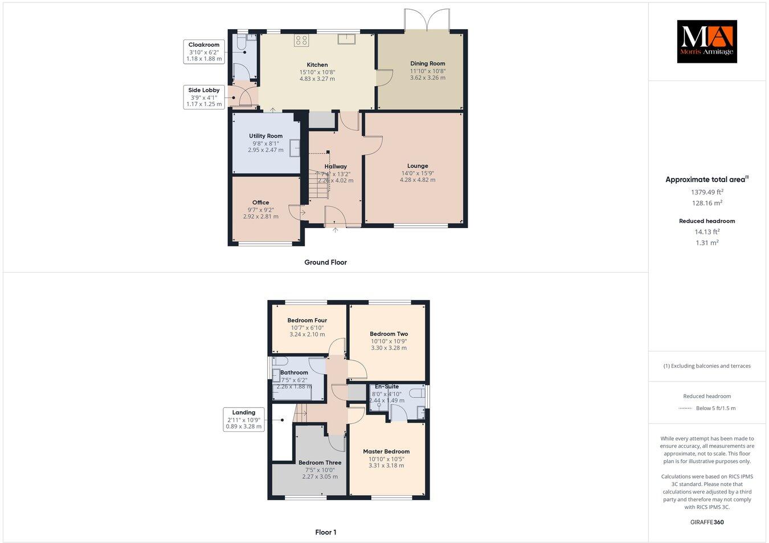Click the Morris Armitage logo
coord(706,42)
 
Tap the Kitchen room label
coord(317,65)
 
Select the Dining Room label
coord(428,64)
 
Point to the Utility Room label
coord(265,136)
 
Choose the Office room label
coord(261,202)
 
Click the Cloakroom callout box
coord(204,51)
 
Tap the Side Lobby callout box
coord(204,97)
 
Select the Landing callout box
coord(244,419)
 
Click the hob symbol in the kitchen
coord(301,40)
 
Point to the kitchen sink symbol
coord(346,39)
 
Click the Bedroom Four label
coord(307,321)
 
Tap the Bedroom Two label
coord(389,334)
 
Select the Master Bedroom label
coord(386,451)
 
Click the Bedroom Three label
coord(320,463)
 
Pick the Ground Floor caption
coord(325,262)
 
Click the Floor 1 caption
coord(326,532)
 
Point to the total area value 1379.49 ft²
coord(707,192)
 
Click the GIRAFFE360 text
coord(707,522)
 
